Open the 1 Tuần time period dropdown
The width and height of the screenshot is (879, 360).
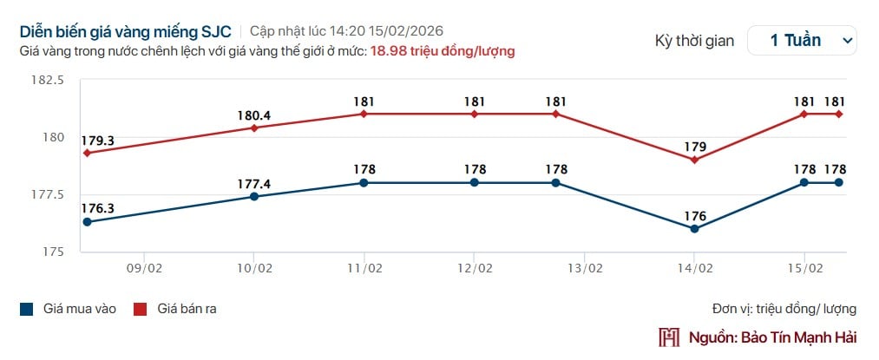coord(801,40)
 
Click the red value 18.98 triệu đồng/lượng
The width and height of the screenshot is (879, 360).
coord(443,51)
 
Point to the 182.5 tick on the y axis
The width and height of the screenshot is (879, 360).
coord(48,81)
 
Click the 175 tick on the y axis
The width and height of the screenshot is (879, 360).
coord(55,252)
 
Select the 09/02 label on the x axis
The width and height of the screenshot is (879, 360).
coord(145,268)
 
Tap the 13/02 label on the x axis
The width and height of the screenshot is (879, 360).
coord(585,268)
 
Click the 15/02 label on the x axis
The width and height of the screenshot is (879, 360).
coord(804,268)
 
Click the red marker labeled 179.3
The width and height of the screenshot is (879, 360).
coord(86,153)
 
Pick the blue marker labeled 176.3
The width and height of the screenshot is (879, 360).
coord(86,222)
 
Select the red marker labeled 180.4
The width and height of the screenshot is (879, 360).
coord(253,128)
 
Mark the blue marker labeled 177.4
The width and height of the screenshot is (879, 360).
coord(253,197)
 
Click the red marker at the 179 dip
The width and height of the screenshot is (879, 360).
coord(695,160)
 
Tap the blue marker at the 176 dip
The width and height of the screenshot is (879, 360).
coord(695,229)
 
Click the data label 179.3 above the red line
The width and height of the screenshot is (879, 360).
coord(97,140)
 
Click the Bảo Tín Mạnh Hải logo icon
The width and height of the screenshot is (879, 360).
coord(669,337)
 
